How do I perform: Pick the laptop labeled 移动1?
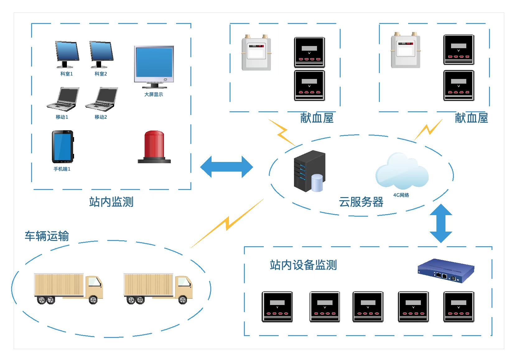[x=63, y=99]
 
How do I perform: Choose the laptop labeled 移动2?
[x=101, y=99]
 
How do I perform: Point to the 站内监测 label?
[x=111, y=202]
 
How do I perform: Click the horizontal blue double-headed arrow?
[x=226, y=167]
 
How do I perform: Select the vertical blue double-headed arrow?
[x=441, y=223]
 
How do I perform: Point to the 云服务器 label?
[x=361, y=202]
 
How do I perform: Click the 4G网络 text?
[x=401, y=195]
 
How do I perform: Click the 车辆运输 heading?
[x=47, y=236]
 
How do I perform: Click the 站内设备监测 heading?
[x=303, y=265]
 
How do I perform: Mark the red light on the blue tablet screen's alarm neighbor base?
[x=154, y=160]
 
